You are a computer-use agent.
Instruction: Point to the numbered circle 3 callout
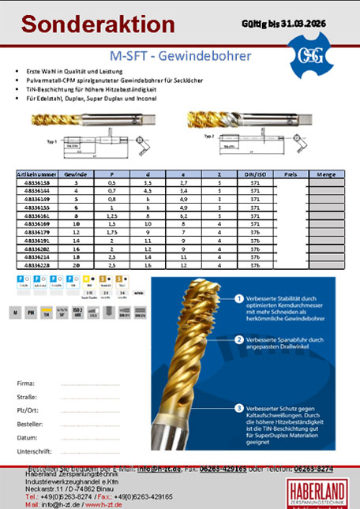tap(238, 408)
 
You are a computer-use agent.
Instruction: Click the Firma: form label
tap(25, 383)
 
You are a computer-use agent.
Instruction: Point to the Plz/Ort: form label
tap(28, 410)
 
